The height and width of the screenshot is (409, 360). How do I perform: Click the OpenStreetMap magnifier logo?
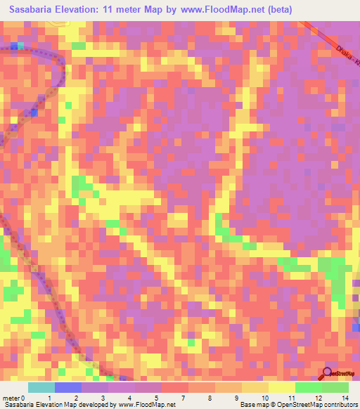point(328,374)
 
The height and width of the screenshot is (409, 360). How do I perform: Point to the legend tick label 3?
point(102,397)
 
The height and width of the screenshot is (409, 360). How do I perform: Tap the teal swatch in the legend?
point(41,387)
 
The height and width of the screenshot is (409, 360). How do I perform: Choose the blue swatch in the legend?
point(68,387)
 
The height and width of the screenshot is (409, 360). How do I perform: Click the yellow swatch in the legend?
point(281,387)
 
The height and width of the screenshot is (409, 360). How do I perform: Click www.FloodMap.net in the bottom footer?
point(147,405)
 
